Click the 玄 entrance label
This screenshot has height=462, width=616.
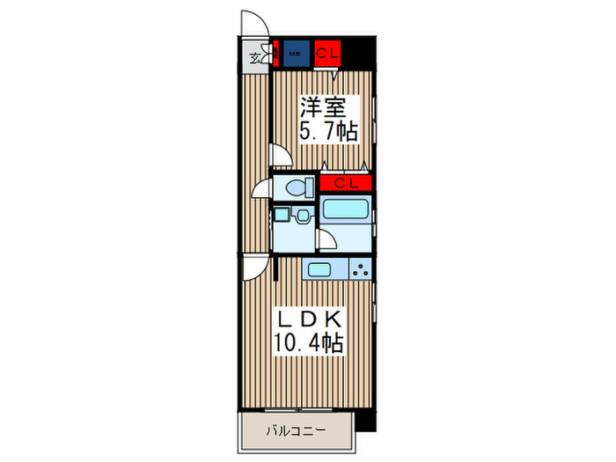(x=254, y=59)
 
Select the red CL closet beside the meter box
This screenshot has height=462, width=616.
(x=327, y=54)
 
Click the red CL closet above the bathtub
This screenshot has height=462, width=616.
(x=345, y=183)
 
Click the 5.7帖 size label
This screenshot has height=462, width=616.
(x=327, y=132)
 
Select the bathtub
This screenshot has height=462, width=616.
(x=345, y=211)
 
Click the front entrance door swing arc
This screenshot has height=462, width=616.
(x=253, y=22)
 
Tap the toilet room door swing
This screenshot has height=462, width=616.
(x=261, y=189)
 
